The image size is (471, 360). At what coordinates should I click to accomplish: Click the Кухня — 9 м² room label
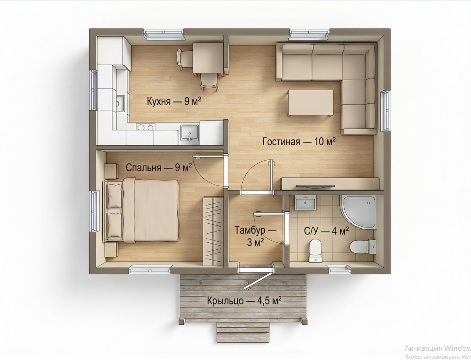pyautogui.click(x=174, y=101)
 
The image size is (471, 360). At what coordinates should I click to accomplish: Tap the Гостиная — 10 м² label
pyautogui.click(x=299, y=142)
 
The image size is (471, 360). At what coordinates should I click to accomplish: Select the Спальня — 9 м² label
pyautogui.click(x=159, y=168)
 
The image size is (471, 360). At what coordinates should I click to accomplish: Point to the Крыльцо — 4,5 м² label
pyautogui.click(x=244, y=301)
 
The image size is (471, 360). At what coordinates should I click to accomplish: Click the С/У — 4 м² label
pyautogui.click(x=326, y=231)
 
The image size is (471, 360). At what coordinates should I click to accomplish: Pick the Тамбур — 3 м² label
pyautogui.click(x=255, y=236)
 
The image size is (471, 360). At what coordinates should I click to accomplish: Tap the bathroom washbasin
pyautogui.click(x=305, y=202)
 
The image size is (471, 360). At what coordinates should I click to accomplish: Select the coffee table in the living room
pyautogui.click(x=311, y=103)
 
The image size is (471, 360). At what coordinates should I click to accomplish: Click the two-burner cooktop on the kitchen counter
pyautogui.click(x=145, y=127)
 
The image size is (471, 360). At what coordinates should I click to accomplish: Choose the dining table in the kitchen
pyautogui.click(x=208, y=58)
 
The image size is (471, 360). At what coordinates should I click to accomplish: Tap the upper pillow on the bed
pyautogui.click(x=115, y=196)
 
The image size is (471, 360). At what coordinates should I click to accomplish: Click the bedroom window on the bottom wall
pyautogui.click(x=150, y=269)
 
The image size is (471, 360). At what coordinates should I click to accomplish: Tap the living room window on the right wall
pyautogui.click(x=385, y=111)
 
